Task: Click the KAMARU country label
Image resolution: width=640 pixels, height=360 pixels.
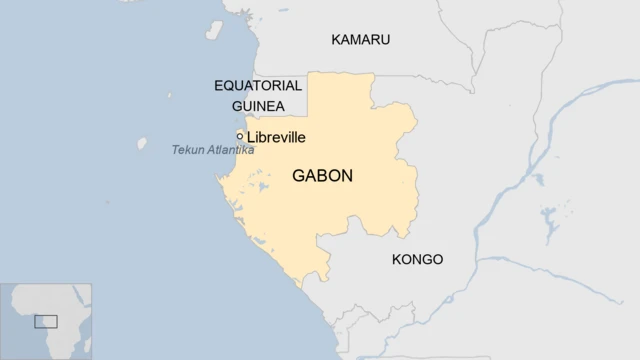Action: click(x=360, y=40)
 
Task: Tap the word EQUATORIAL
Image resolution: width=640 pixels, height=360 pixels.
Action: click(x=258, y=86)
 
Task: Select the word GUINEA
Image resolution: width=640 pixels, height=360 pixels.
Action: click(x=258, y=106)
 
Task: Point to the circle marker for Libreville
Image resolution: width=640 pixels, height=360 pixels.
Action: click(x=240, y=136)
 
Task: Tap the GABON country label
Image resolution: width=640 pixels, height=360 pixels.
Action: click(x=322, y=176)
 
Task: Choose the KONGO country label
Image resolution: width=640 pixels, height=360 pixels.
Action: click(x=417, y=260)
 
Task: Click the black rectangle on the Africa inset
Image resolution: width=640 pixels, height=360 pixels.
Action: click(x=46, y=321)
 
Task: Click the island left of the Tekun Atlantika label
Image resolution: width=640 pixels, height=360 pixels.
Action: click(x=142, y=144)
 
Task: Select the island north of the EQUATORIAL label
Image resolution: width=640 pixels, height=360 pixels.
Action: click(x=214, y=31)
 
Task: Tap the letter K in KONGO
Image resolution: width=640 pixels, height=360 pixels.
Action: click(x=396, y=260)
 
